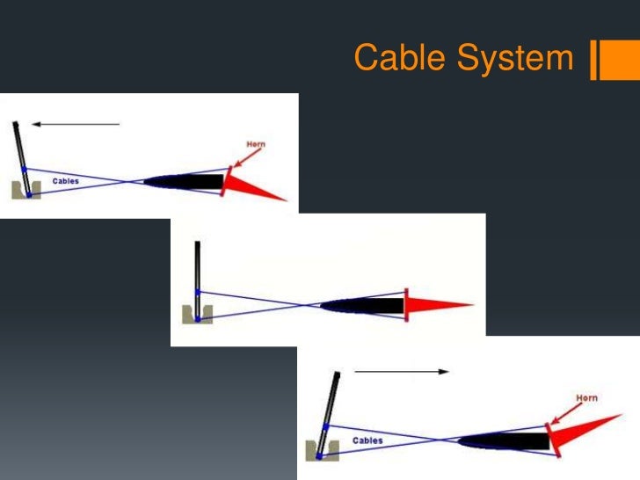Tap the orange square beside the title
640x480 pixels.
coord(607,60)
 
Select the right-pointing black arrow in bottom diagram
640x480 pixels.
coord(401,372)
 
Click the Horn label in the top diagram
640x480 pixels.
coord(257,142)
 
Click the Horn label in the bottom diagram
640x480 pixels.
coord(587,398)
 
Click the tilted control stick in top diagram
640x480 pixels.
coord(22,149)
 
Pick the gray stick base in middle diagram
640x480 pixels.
coord(193,314)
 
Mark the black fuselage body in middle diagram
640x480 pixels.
coord(365,306)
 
